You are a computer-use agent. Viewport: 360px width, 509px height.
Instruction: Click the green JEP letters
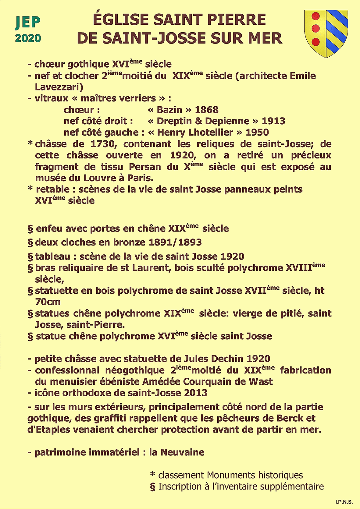point(28,22)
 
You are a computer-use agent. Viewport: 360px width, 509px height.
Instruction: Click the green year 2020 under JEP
point(28,38)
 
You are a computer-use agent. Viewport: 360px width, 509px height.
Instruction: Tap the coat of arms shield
point(326,34)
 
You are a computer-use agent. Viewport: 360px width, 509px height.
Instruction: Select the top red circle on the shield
point(316,16)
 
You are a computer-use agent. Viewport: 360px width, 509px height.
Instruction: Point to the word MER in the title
point(265,38)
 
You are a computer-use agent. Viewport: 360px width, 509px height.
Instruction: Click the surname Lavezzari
point(59,87)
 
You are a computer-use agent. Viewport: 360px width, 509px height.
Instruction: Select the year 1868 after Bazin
point(207,110)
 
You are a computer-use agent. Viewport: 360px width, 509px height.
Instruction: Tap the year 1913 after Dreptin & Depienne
point(273,121)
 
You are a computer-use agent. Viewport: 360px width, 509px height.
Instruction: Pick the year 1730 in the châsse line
point(102,144)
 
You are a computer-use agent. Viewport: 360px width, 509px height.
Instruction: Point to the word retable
point(53,189)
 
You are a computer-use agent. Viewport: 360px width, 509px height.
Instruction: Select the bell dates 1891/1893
point(175,242)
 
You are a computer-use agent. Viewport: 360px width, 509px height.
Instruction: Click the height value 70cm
point(48,302)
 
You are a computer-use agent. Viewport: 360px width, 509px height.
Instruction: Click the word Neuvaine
point(182,452)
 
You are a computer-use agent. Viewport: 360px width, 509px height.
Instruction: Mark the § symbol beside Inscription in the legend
point(153,487)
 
